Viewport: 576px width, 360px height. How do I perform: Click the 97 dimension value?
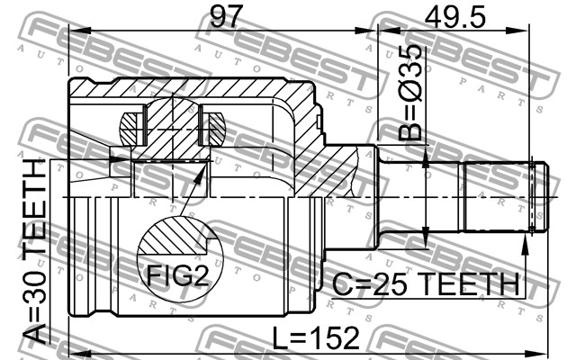pos(226,17)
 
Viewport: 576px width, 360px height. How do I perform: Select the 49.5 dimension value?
pos(454,17)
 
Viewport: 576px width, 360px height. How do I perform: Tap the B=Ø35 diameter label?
pos(410,93)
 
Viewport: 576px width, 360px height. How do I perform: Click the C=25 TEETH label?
pos(426,284)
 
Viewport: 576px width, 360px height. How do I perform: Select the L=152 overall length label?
pos(316,337)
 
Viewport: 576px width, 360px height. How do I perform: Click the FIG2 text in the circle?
pos(177,275)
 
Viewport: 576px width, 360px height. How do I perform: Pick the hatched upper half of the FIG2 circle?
pos(173,237)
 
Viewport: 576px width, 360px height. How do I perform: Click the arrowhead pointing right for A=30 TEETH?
pos(121,159)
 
